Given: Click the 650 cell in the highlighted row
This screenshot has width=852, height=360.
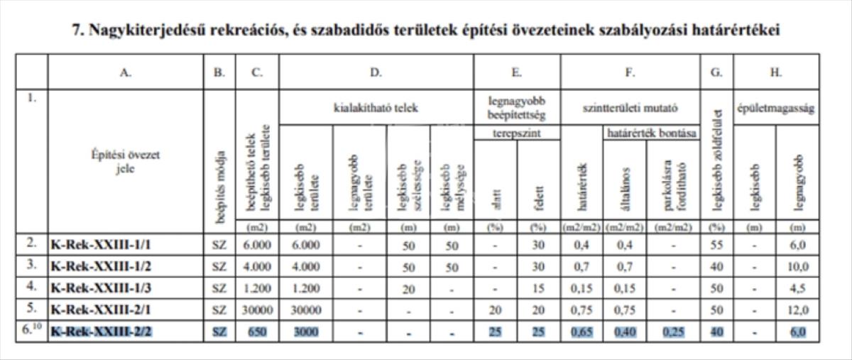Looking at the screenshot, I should coord(258,332).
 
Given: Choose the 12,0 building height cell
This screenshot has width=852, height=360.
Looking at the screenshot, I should coord(797,310).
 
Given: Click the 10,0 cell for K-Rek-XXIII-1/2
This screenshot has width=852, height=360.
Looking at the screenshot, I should coord(797,266).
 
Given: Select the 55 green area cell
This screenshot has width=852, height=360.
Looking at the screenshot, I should coord(716,244).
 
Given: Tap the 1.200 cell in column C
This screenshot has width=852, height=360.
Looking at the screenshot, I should coord(257,288).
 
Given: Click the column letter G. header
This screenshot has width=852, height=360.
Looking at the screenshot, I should coord(716,71).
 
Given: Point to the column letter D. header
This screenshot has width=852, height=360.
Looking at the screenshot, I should coord(376,71).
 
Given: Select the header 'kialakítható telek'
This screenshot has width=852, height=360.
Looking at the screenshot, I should coord(376,109).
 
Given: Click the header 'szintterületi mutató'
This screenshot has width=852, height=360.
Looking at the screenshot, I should coord(630,109).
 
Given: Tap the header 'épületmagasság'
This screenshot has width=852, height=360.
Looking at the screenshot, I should coord(775,109).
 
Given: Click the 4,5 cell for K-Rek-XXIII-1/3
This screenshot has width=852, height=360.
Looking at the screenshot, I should coord(797,288).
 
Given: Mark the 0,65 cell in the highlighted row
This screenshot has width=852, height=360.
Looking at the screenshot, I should coord(582,332).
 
